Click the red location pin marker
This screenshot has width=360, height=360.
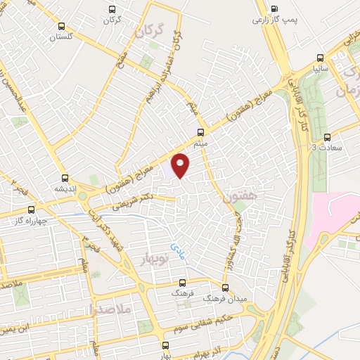(x=181, y=165)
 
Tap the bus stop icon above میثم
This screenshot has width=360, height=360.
(x=202, y=131)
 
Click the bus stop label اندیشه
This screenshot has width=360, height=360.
(x=65, y=188)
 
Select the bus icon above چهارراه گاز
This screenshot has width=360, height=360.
(x=30, y=210)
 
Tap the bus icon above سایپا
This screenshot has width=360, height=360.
(x=321, y=58)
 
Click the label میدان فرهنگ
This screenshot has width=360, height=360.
(x=226, y=298)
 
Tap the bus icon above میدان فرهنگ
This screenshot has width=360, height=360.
(x=226, y=287)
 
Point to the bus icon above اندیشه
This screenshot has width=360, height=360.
(x=65, y=178)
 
